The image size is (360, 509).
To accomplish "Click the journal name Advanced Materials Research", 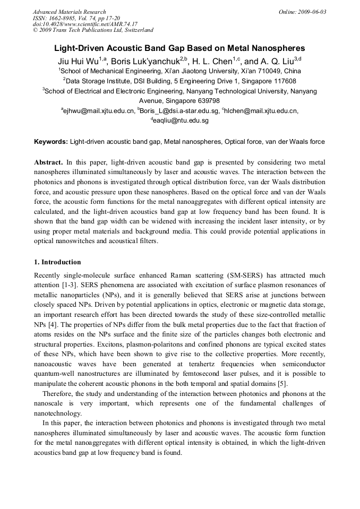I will point(70,12).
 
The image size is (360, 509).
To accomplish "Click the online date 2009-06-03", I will point(311,12).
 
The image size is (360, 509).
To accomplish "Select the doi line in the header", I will point(85,24).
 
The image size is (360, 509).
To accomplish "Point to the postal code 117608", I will point(282,81).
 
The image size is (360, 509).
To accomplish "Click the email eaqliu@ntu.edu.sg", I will point(182,120).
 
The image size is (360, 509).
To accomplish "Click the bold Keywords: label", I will point(51,142).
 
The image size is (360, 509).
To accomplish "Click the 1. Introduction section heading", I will point(57,262).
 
